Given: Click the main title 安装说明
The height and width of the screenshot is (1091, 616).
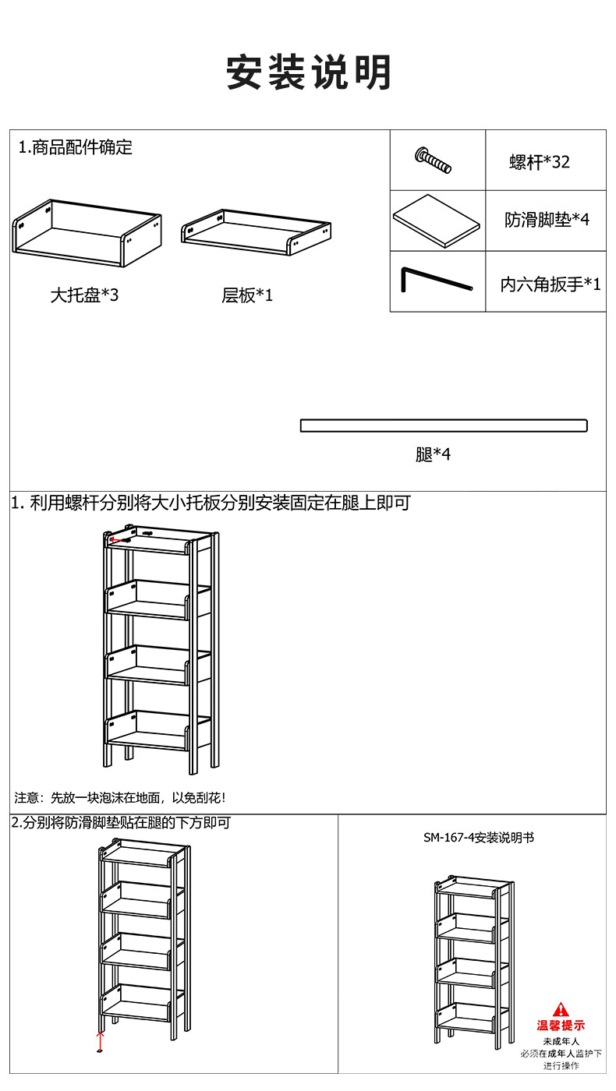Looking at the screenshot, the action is [x=309, y=72].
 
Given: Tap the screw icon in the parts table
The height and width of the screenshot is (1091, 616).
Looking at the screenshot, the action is [x=433, y=160].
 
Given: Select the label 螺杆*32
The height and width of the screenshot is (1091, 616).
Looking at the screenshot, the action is [x=540, y=162].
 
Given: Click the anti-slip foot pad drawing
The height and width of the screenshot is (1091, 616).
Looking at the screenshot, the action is [x=436, y=221].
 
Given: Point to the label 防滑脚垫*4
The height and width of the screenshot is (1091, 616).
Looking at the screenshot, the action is [x=547, y=220].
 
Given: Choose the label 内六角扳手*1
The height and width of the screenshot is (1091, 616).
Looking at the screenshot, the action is [x=551, y=284].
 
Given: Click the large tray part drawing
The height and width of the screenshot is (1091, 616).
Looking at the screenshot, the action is [x=87, y=233].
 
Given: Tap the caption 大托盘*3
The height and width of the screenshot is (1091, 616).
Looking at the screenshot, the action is [x=84, y=295].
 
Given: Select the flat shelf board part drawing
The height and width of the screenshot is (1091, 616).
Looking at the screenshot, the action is [x=256, y=232].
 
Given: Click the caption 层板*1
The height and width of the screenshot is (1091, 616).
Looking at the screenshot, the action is [x=247, y=295].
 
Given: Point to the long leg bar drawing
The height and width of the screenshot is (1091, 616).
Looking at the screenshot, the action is [x=444, y=425].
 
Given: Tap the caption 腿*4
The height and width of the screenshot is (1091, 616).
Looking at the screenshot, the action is [x=433, y=454].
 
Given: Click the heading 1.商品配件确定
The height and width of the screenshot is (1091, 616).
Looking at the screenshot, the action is [x=75, y=147].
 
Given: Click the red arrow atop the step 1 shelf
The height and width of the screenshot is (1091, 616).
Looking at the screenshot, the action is [x=119, y=539].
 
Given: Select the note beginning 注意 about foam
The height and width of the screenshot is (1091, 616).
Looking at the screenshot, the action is [x=120, y=798].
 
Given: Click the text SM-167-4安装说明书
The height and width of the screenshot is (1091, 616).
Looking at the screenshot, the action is [x=479, y=838].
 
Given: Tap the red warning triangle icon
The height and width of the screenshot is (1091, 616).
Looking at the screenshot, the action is [x=561, y=1008].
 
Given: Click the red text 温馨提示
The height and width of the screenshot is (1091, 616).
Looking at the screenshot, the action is [x=561, y=1026].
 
